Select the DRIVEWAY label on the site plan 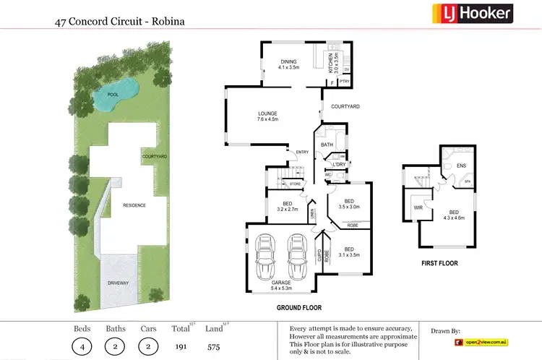tap(119, 283)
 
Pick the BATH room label tap(327, 145)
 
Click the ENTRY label tap(301, 152)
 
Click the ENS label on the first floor tap(462, 166)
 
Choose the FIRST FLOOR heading tap(439, 263)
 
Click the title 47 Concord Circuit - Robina tap(119, 22)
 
